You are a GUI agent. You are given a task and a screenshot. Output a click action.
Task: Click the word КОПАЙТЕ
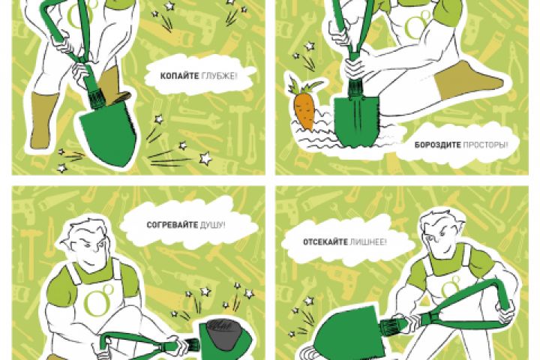[179, 76]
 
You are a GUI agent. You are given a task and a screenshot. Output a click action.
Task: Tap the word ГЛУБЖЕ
[219, 76]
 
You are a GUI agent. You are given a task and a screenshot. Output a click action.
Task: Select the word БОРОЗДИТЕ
[437, 145]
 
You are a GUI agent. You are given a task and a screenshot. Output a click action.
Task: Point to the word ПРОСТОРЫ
[485, 145]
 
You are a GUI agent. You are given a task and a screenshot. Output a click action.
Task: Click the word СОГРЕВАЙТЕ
[172, 225]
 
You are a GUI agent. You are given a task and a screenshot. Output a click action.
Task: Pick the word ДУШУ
[212, 225]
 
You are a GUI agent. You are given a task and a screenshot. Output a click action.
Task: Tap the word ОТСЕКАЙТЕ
[325, 241]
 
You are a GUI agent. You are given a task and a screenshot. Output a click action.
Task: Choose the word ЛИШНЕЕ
[368, 241]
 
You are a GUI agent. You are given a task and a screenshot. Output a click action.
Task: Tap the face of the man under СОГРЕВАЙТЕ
[88, 249]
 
